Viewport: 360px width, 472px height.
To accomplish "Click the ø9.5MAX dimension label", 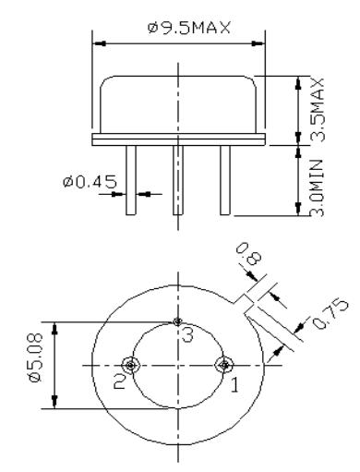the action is [x=189, y=28].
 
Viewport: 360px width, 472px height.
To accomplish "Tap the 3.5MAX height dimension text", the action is [x=317, y=110].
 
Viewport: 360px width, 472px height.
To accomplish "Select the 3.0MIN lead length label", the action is [x=317, y=188].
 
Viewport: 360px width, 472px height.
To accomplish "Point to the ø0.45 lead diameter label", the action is [x=90, y=181].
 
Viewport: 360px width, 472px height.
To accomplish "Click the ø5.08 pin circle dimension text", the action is [x=35, y=357].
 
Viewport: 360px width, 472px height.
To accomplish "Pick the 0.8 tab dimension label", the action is [x=249, y=254].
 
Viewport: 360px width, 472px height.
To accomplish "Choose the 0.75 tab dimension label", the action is [x=330, y=313].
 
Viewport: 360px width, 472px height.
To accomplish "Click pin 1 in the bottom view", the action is [x=224, y=366].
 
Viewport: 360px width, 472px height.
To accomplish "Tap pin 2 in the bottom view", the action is [x=131, y=366].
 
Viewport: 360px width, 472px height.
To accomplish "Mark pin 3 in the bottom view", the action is [x=177, y=322].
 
